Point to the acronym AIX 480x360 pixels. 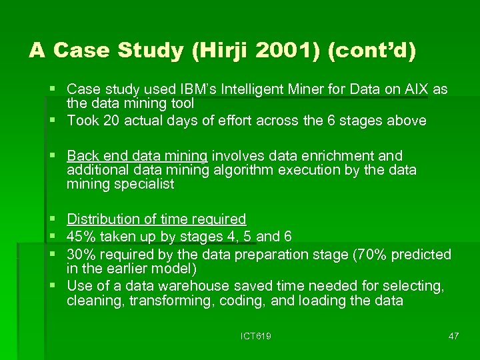pos(418,89)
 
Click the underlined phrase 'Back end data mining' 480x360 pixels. pos(138,155)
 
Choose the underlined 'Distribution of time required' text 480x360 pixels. pos(157,219)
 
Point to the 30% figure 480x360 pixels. pos(81,254)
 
